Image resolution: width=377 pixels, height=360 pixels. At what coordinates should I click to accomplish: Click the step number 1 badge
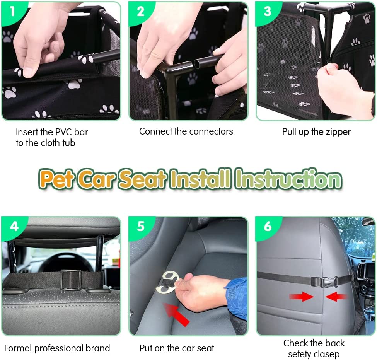pyautogui.click(x=12, y=11)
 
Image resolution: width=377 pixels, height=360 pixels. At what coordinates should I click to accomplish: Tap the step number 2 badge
pyautogui.click(x=140, y=11)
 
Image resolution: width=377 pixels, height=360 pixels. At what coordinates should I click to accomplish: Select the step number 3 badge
pyautogui.click(x=267, y=11)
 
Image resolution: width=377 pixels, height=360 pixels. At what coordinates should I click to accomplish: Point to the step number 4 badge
pyautogui.click(x=14, y=227)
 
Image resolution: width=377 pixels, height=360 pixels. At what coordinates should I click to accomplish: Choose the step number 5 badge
pyautogui.click(x=141, y=227)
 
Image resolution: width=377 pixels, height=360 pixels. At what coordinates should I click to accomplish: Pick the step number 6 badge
pyautogui.click(x=268, y=227)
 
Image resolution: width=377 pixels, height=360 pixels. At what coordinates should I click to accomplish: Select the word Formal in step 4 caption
pyautogui.click(x=18, y=348)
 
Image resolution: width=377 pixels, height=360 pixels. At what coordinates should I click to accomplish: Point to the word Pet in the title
pyautogui.click(x=56, y=179)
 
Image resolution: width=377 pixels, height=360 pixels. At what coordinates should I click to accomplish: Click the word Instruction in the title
pyautogui.click(x=288, y=179)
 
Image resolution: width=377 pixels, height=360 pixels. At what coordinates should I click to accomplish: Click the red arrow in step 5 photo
pyautogui.click(x=177, y=314)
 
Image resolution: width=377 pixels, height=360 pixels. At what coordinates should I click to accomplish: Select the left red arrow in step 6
pyautogui.click(x=302, y=297)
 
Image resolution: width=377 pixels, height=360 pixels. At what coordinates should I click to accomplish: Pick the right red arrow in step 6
pyautogui.click(x=336, y=297)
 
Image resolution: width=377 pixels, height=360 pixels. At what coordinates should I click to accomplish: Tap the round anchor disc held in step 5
pyautogui.click(x=167, y=283)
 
